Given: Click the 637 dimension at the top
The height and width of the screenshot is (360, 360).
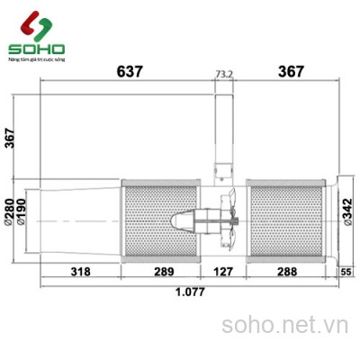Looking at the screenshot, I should tap(130, 71).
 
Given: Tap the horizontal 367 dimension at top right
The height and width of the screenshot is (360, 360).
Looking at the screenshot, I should tap(291, 71).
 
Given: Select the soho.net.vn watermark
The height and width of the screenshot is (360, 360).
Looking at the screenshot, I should tap(284, 321).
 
